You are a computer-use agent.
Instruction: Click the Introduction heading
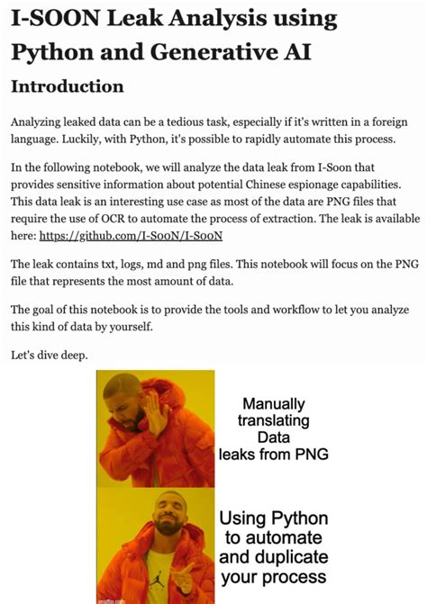click(x=68, y=86)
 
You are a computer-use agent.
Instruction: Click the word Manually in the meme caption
click(x=274, y=404)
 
